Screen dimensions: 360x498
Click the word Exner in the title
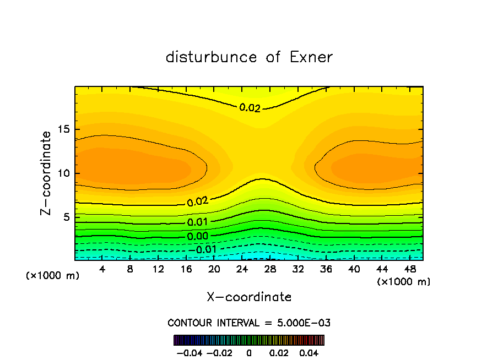(311, 57)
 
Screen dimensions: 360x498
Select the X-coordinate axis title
(249, 297)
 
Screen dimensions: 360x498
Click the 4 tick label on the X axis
(102, 270)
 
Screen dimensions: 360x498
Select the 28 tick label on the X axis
(270, 270)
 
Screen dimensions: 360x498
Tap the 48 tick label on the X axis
(409, 270)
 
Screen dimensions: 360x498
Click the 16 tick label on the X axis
(186, 270)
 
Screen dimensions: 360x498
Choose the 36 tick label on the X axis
(326, 270)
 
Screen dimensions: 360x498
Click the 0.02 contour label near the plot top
(250, 108)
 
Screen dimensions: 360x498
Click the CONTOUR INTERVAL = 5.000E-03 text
(249, 323)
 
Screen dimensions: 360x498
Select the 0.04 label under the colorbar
(310, 352)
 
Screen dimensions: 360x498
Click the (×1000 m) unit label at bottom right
(404, 282)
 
